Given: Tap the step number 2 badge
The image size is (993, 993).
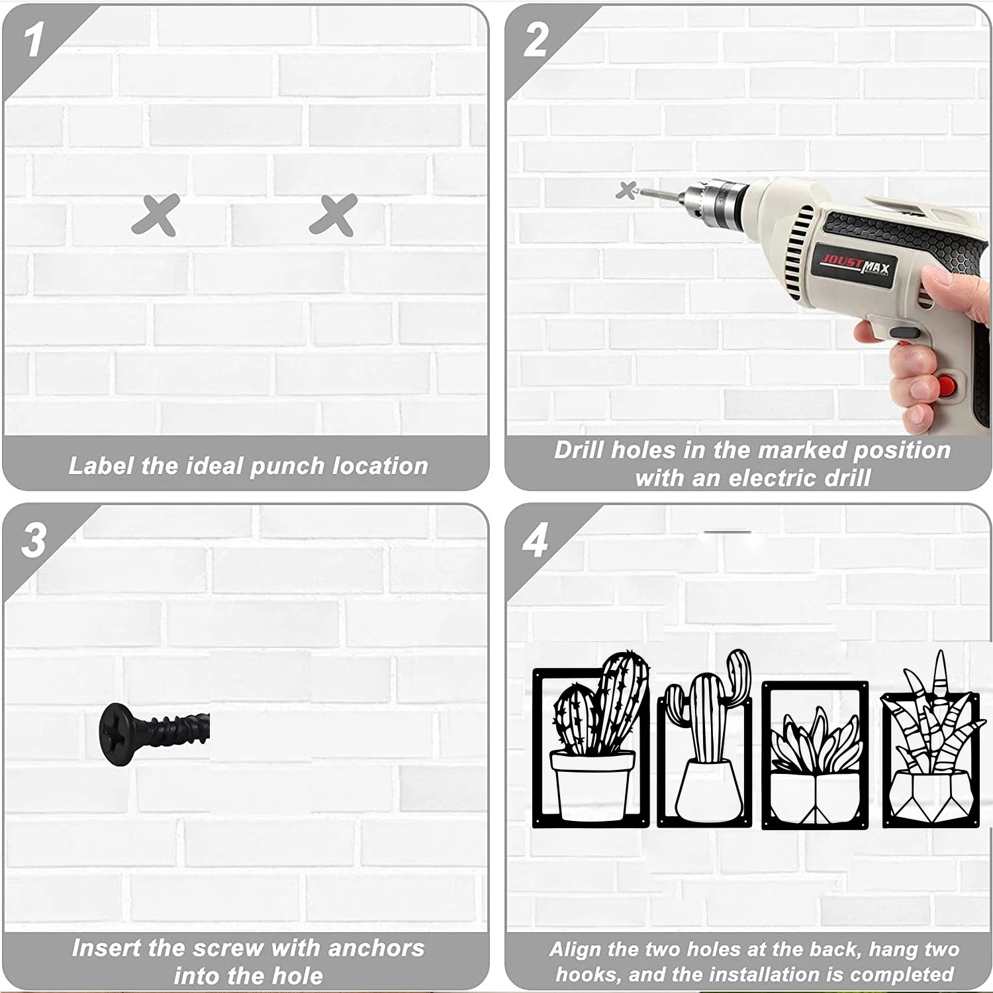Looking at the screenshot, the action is (x=535, y=40).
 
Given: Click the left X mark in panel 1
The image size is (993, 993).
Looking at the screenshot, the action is (x=156, y=214).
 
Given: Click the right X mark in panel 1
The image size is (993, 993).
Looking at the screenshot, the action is (x=334, y=214).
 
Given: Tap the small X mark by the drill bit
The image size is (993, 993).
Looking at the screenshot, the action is (x=626, y=191).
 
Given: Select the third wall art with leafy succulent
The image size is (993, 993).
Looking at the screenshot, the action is (x=816, y=755).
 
